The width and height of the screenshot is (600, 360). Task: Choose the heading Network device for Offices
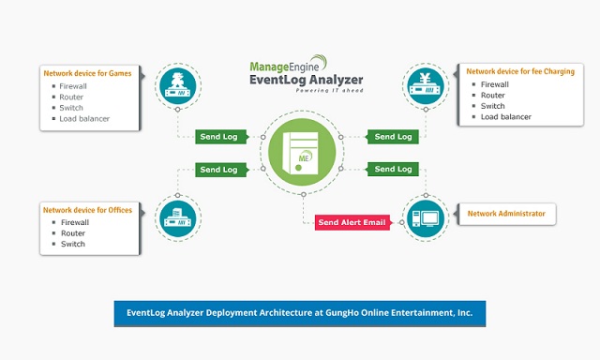pos(87,209)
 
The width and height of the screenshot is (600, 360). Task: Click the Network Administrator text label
pos(506,214)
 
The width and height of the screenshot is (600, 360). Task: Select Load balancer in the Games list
pos(84,118)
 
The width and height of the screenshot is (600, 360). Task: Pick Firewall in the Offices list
pos(75,222)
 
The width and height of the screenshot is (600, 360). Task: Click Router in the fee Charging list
pos(493,95)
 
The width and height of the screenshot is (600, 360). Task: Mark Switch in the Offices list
pos(72,244)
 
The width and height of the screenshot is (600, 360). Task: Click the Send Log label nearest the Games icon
pos(221,137)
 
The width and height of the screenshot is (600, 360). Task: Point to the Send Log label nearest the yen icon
pos(392,137)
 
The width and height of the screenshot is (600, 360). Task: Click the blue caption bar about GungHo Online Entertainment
pos(300,313)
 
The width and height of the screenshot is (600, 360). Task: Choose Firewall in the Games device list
pos(75,84)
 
